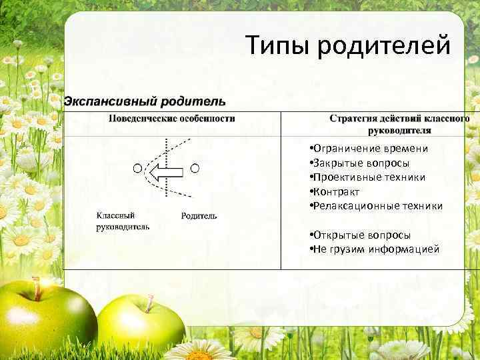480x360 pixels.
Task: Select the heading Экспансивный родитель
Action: click(x=144, y=102)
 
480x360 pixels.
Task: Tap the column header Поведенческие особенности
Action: click(x=173, y=119)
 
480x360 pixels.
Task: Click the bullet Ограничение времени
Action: click(x=371, y=149)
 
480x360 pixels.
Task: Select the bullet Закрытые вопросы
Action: click(x=362, y=163)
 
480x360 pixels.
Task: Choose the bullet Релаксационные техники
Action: click(x=378, y=206)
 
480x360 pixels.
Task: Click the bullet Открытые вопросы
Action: click(x=363, y=235)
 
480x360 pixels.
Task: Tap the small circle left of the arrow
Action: click(x=138, y=168)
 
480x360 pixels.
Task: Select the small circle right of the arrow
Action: click(x=195, y=168)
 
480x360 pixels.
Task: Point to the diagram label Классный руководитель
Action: click(x=123, y=221)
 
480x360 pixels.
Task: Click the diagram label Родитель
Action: click(x=199, y=216)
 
